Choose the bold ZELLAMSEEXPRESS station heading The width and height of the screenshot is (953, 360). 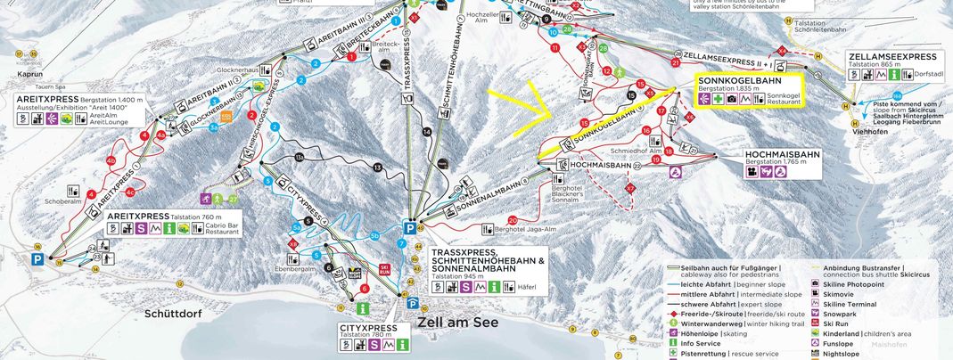coord(898,56)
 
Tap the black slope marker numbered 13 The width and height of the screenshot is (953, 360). coord(377,168)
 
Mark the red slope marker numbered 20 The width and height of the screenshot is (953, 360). coord(512,220)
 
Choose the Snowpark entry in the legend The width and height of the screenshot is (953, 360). coord(841,313)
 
